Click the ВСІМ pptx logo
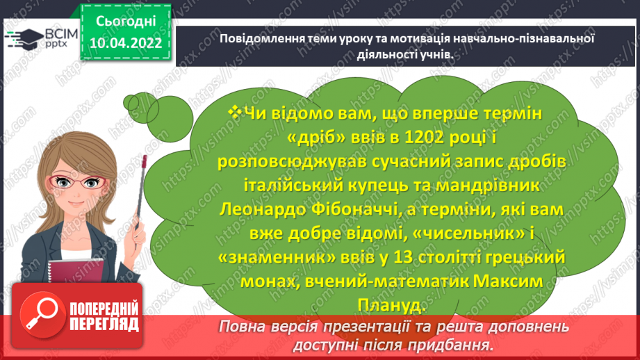pos(42,39)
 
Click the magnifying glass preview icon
pos(39,317)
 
